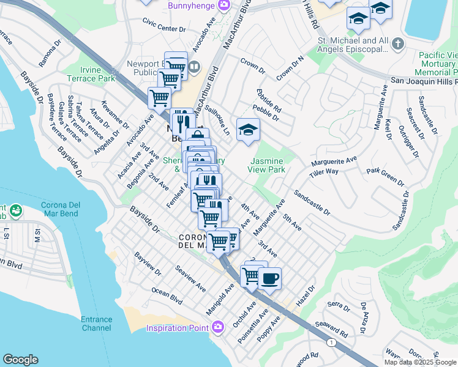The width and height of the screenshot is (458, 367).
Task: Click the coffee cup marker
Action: (269, 279)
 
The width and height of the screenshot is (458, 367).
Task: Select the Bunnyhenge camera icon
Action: (224, 5)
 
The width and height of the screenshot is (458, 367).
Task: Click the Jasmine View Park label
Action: (267, 165)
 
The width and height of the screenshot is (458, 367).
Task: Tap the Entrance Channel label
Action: (96, 324)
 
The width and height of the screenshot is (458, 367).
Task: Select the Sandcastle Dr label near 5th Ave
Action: (312, 203)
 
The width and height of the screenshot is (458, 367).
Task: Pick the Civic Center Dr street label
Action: (163, 29)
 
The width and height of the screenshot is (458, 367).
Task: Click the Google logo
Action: (20, 360)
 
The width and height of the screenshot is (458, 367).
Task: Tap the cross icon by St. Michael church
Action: (398, 43)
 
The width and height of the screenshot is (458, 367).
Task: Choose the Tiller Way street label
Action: (324, 172)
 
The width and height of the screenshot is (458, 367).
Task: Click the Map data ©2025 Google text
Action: (420, 362)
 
